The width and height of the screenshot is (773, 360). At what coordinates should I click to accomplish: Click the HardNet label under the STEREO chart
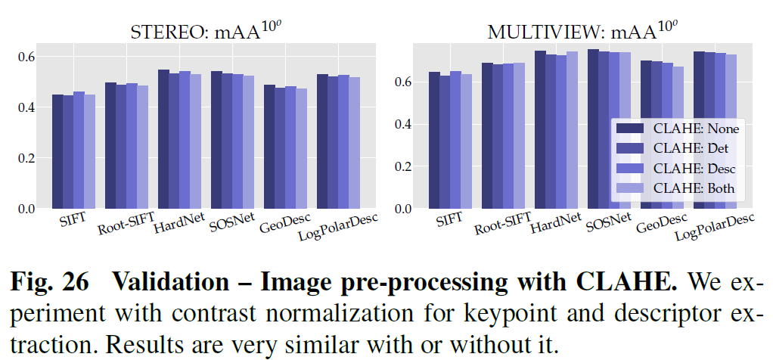click(176, 222)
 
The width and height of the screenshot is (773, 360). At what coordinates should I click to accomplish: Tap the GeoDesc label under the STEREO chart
click(282, 224)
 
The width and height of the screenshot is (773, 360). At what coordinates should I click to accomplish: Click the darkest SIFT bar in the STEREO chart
click(57, 151)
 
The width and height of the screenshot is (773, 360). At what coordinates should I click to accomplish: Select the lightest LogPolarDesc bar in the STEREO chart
click(355, 144)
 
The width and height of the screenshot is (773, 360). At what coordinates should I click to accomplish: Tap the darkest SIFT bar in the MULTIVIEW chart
click(434, 140)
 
